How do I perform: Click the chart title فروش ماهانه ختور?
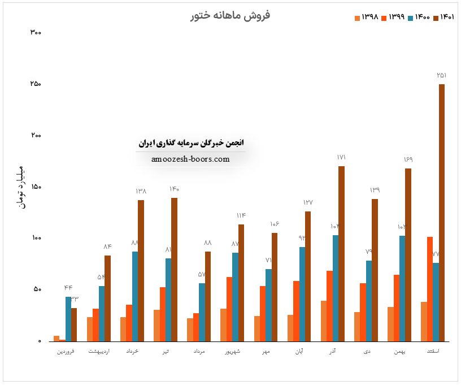click(x=230, y=15)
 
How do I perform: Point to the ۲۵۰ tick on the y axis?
click(x=35, y=84)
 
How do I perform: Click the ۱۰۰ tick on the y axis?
click(x=35, y=239)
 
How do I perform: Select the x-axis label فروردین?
click(x=68, y=352)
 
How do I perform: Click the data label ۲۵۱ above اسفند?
click(x=442, y=76)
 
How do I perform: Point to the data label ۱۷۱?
click(x=341, y=158)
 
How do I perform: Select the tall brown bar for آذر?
click(x=341, y=254)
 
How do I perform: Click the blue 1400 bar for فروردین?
click(x=68, y=319)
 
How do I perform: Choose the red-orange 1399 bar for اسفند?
click(x=430, y=289)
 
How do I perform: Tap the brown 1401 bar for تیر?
click(x=174, y=270)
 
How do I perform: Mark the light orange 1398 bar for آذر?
click(x=324, y=321)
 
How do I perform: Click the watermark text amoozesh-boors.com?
click(x=191, y=159)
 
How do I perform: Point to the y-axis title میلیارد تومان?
click(x=22, y=187)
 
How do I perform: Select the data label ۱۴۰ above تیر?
click(x=174, y=189)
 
